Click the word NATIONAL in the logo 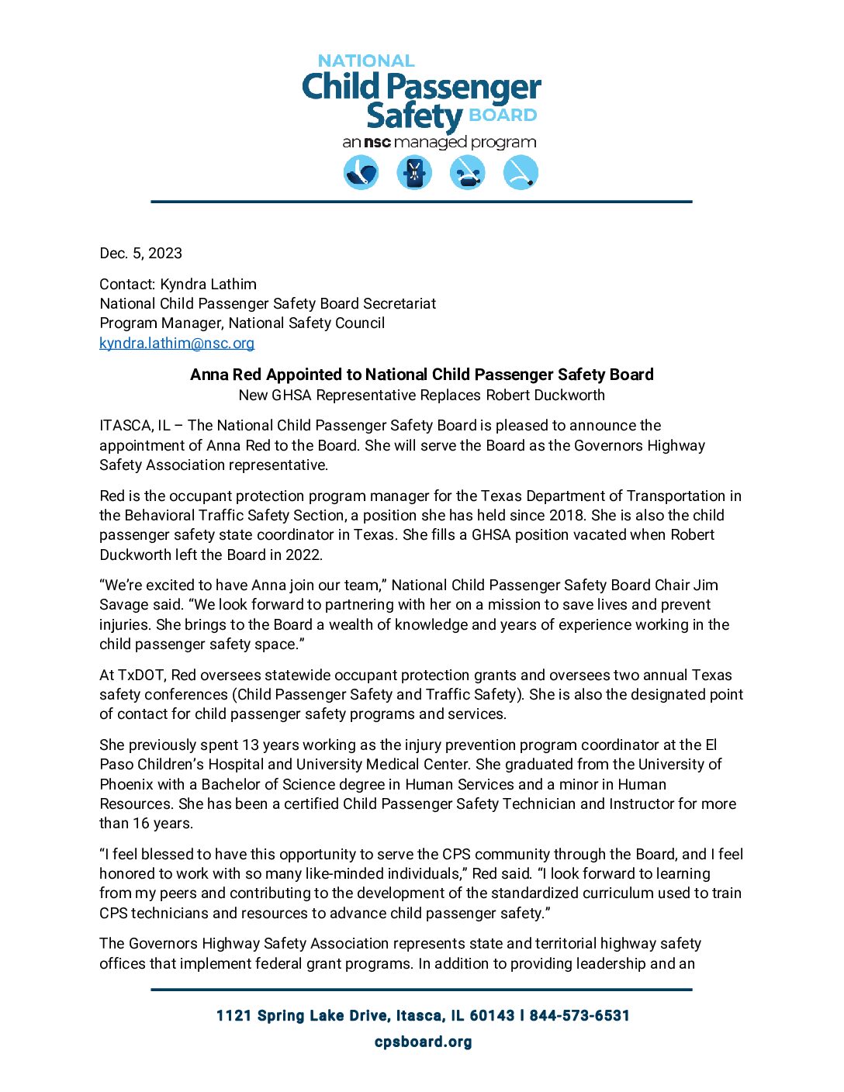click(x=366, y=60)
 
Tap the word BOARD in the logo click(x=503, y=116)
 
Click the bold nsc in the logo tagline click(x=377, y=143)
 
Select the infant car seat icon click(x=361, y=172)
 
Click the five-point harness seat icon click(x=414, y=172)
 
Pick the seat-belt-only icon click(x=521, y=172)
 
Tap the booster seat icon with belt click(x=468, y=172)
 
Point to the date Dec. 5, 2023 click(x=140, y=254)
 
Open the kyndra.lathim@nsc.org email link click(x=177, y=343)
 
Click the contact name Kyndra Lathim click(x=208, y=284)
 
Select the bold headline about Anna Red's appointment click(x=422, y=375)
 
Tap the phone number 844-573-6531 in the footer click(x=579, y=1015)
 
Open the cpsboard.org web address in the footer click(x=423, y=1042)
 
